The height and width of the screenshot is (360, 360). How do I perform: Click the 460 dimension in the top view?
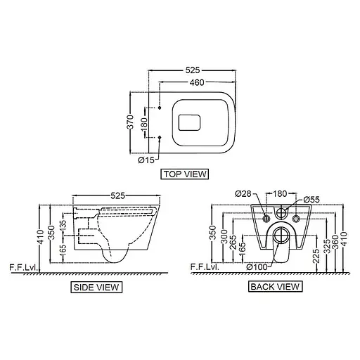(197, 82)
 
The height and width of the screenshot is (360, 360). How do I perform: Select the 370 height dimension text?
(131, 122)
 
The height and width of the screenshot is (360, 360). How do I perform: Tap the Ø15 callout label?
(146, 160)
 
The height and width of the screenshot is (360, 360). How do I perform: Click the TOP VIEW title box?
(185, 174)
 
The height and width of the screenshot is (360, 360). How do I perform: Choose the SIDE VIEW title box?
(96, 288)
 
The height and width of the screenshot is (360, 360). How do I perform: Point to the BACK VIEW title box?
(276, 287)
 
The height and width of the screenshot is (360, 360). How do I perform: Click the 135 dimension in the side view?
(63, 224)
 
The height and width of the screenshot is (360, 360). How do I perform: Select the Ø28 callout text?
(243, 194)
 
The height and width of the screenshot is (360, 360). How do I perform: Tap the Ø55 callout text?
(311, 200)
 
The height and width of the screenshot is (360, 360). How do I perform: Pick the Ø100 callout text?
(257, 267)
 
